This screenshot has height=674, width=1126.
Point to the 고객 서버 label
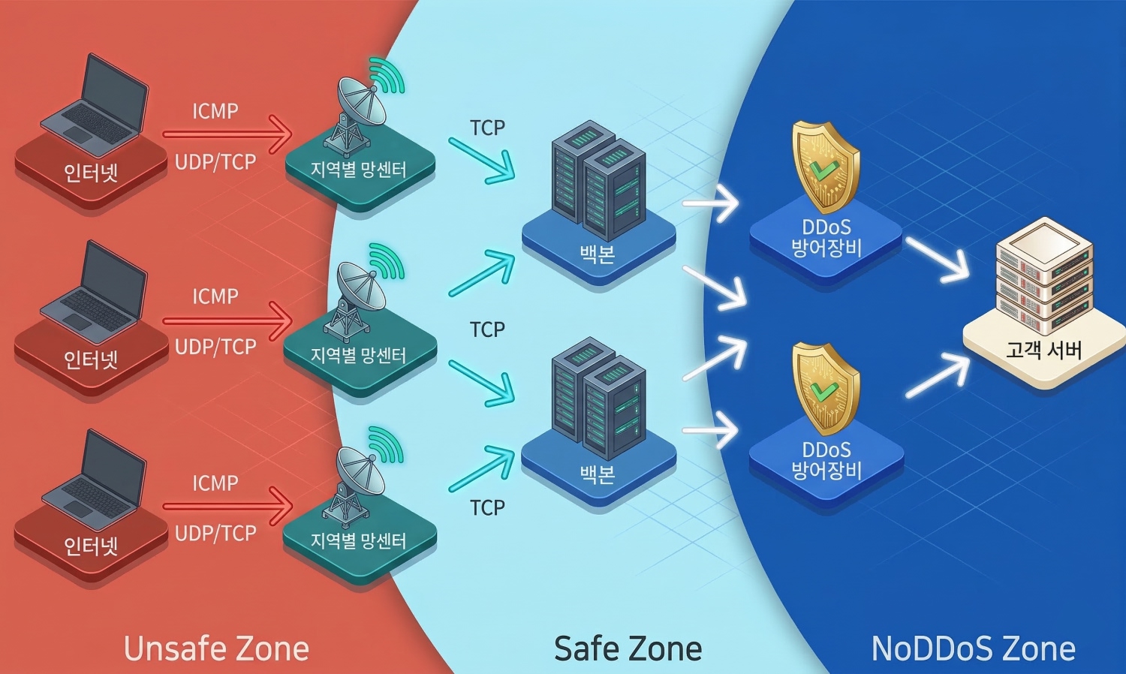pos(1043,350)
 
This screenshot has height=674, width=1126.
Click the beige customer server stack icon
pos(1043,278)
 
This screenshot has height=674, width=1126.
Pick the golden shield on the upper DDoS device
pos(825,167)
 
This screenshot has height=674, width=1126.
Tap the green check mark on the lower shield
pos(823,390)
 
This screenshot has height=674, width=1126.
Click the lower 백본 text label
pos(598,473)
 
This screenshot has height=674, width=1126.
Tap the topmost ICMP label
pos(215,112)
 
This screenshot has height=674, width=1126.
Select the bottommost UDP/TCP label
pos(215,534)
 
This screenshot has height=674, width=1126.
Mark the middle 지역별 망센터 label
pos(358,355)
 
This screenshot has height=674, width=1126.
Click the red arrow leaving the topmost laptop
pos(227,135)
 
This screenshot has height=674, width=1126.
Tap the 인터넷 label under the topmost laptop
pos(91,173)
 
